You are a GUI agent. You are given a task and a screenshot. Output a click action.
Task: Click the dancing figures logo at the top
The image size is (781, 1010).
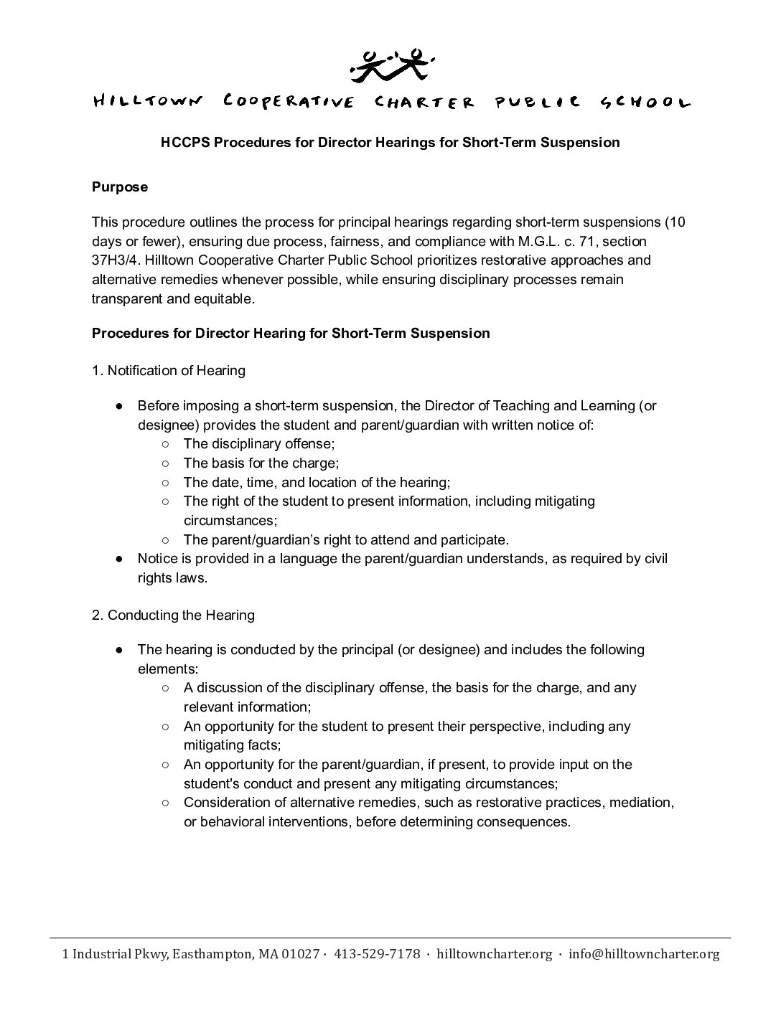click(x=390, y=64)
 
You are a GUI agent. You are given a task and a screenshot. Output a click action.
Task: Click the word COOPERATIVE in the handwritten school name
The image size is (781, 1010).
click(x=289, y=102)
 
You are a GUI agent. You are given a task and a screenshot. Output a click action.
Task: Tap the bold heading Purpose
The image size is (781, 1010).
click(x=120, y=187)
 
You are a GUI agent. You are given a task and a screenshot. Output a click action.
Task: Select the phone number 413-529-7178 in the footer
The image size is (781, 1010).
click(x=377, y=954)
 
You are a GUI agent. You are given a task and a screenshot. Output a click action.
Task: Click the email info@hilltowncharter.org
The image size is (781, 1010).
click(x=643, y=954)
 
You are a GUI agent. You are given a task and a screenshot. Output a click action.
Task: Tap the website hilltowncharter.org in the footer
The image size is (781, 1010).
click(x=495, y=954)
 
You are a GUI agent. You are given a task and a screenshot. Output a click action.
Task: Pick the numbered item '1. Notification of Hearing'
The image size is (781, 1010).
click(x=169, y=371)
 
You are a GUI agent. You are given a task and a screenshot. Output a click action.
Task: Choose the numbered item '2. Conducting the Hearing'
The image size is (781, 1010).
click(x=173, y=615)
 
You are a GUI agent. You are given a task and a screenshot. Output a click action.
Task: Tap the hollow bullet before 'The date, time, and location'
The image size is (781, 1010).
click(x=166, y=483)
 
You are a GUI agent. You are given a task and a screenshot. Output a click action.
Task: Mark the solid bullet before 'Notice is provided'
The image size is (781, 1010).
click(x=121, y=558)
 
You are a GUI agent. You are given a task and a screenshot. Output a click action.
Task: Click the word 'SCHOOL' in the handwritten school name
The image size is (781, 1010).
click(x=644, y=102)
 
